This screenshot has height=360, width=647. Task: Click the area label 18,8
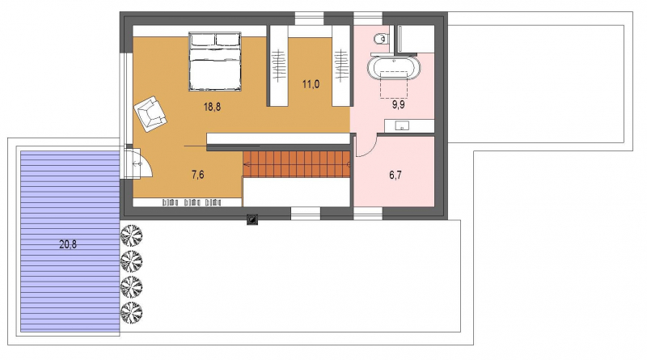pos(212,107)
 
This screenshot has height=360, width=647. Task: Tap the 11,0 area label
pos(311,85)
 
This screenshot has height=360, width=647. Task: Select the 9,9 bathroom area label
pos(398,105)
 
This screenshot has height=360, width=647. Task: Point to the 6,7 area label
pos(395,175)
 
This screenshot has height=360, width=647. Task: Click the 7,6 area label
pos(197,175)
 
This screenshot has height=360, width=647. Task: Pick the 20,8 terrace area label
pos(68,244)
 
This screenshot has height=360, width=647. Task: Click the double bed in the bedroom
pos(215,61)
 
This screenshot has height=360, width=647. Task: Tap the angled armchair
pos(150,113)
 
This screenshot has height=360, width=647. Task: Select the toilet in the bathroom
pos(382,39)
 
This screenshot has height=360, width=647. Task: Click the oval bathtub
pos(394,68)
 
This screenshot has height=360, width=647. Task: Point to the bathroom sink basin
pos(401,125)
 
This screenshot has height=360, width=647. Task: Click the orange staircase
pos(296,164)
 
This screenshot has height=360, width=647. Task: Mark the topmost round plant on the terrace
pos(131,235)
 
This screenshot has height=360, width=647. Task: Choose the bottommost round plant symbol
pos(131,312)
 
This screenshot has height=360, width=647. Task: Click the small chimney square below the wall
pos(252,219)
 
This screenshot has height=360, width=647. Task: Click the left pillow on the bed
pos(203,40)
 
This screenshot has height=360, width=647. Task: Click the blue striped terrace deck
pos(70,242)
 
